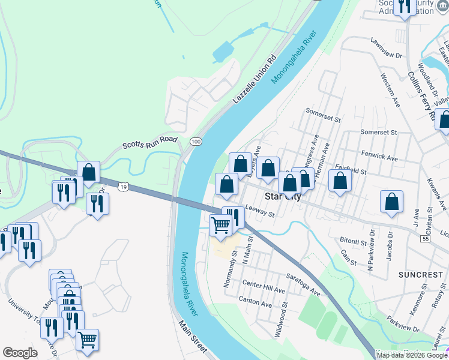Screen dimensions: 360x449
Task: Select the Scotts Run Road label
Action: (150, 143)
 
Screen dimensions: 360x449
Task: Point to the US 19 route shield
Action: (123, 187)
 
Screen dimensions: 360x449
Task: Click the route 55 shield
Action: (425, 239)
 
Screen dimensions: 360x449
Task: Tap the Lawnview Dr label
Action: (386, 49)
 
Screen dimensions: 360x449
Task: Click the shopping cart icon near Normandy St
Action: (220, 225)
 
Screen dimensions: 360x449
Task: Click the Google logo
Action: (20, 353)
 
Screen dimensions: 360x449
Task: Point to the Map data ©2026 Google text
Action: (411, 355)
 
